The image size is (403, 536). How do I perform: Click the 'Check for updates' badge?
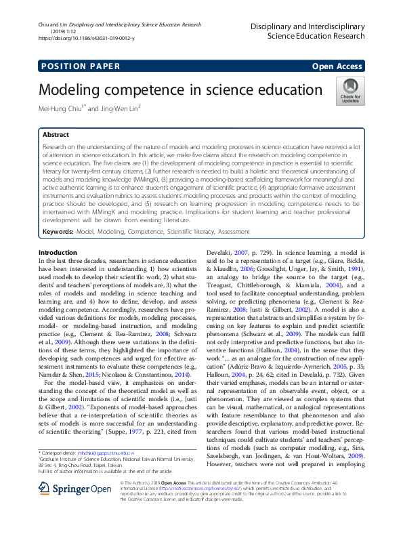point(350,91)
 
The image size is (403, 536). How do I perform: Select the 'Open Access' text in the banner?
point(337,66)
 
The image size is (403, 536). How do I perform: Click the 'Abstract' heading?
point(56,135)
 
